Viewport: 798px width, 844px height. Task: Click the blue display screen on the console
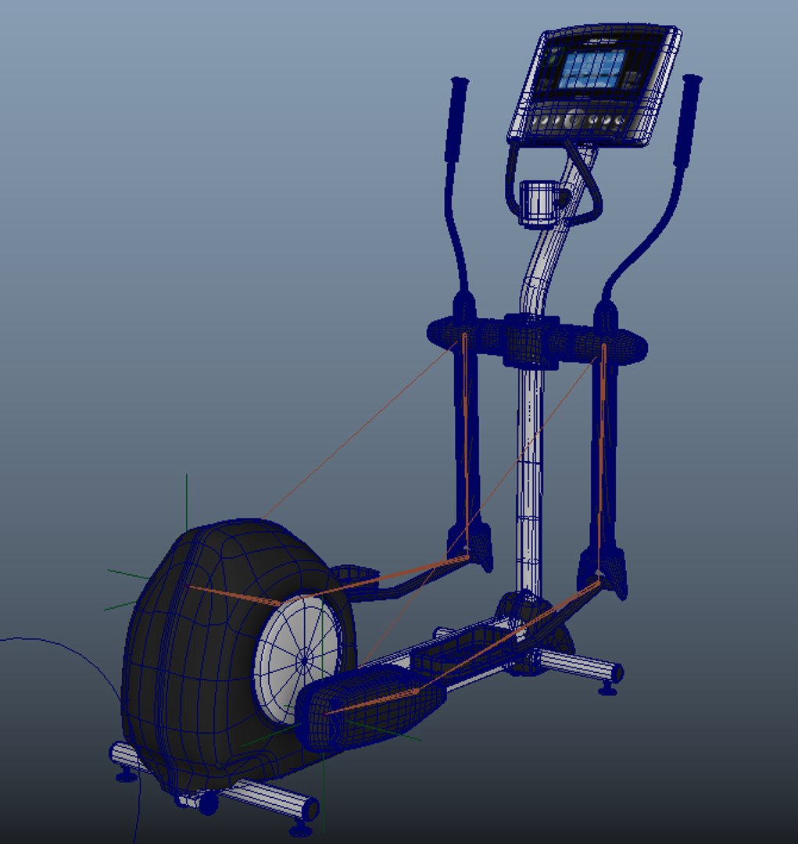pos(593,70)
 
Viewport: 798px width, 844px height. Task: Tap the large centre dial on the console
pos(573,120)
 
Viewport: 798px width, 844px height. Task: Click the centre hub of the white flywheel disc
pos(304,661)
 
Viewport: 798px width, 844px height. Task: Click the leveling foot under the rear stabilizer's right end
pos(607,688)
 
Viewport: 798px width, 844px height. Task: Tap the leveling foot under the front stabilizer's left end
pos(125,775)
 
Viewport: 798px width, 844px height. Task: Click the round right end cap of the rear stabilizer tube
pos(617,672)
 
